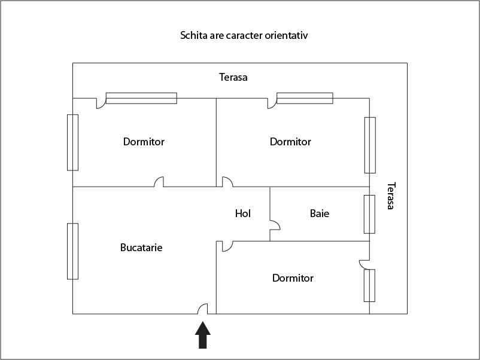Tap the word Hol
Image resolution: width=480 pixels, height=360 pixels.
[243, 213]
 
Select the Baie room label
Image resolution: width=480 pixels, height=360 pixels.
[320, 213]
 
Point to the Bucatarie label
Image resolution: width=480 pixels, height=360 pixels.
[141, 248]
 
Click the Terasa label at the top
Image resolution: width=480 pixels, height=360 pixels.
[233, 77]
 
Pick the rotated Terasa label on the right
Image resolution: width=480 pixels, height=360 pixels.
[390, 196]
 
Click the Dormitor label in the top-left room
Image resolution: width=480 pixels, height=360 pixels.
[144, 142]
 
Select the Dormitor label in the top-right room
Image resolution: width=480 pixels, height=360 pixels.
[290, 142]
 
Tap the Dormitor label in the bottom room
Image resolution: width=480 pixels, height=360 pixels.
[293, 278]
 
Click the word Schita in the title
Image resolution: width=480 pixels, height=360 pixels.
[193, 35]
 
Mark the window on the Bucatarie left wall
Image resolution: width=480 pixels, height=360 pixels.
[72, 251]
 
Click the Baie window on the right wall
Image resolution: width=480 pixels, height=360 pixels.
[369, 213]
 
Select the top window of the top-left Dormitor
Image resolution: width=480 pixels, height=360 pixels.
[141, 98]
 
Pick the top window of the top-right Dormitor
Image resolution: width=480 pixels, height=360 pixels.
[305, 98]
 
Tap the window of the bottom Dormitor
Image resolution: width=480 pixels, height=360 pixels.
[369, 285]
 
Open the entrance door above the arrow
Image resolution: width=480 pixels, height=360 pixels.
[203, 309]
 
